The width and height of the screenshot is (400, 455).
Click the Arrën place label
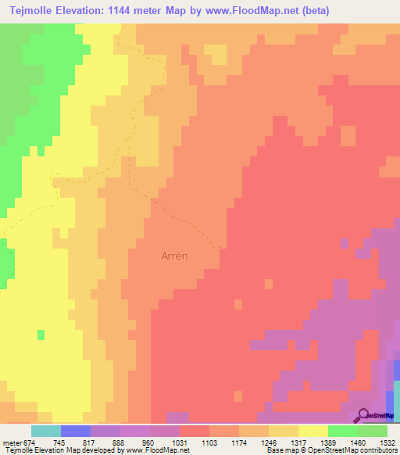tap(177, 255)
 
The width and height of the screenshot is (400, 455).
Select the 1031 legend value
tap(180, 442)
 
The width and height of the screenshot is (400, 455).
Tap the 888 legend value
tap(120, 442)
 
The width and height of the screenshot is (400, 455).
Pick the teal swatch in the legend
tap(46, 431)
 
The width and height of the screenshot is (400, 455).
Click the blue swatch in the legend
tap(76, 431)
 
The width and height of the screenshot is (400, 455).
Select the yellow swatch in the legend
tap(313, 431)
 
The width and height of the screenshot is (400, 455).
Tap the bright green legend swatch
tap(343, 431)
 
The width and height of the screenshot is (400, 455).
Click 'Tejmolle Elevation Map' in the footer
tap(39, 450)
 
